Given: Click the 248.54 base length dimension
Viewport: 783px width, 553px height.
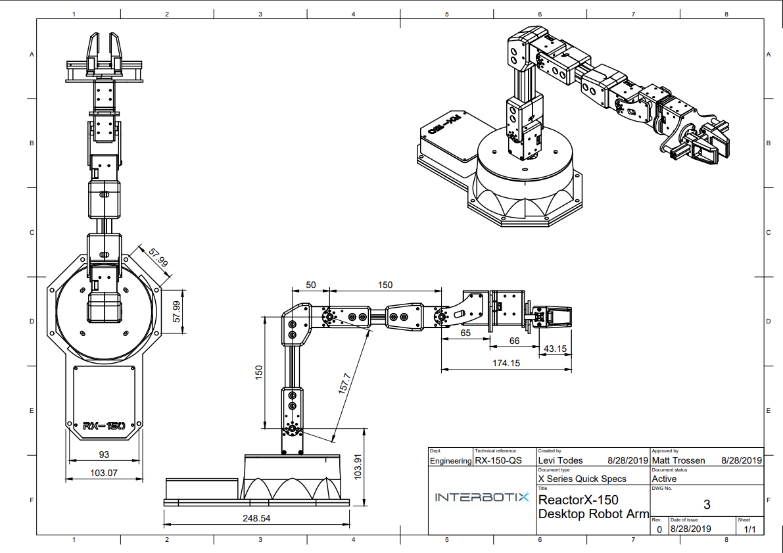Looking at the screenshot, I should coord(256,518).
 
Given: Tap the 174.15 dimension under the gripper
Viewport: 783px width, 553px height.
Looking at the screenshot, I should coord(506,363).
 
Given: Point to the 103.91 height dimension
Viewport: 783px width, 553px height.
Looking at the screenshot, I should coord(358,466).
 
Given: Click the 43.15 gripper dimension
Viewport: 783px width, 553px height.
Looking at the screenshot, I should coord(556,349).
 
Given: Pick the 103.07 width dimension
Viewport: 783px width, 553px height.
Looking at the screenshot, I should coord(103,472).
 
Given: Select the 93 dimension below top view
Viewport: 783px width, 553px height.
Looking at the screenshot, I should coord(104,454).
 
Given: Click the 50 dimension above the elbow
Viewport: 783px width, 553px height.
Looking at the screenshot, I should coord(311,285).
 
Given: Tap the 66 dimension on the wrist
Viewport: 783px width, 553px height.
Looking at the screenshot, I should coord(515,341).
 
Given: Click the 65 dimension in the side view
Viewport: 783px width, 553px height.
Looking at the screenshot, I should coord(465,333).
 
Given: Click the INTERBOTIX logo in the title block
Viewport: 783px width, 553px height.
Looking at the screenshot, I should coord(482,498).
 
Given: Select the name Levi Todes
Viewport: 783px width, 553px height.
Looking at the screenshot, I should coord(561,461).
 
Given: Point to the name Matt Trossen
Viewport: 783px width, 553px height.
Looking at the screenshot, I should coord(678,461).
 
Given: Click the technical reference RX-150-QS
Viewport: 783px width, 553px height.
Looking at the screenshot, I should coord(498,461).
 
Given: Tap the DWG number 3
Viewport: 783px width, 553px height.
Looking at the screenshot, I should coord(707,505).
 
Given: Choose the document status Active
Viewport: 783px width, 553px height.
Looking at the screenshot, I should coord(664,479).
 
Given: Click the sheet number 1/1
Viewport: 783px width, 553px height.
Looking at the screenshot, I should coord(749,529).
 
